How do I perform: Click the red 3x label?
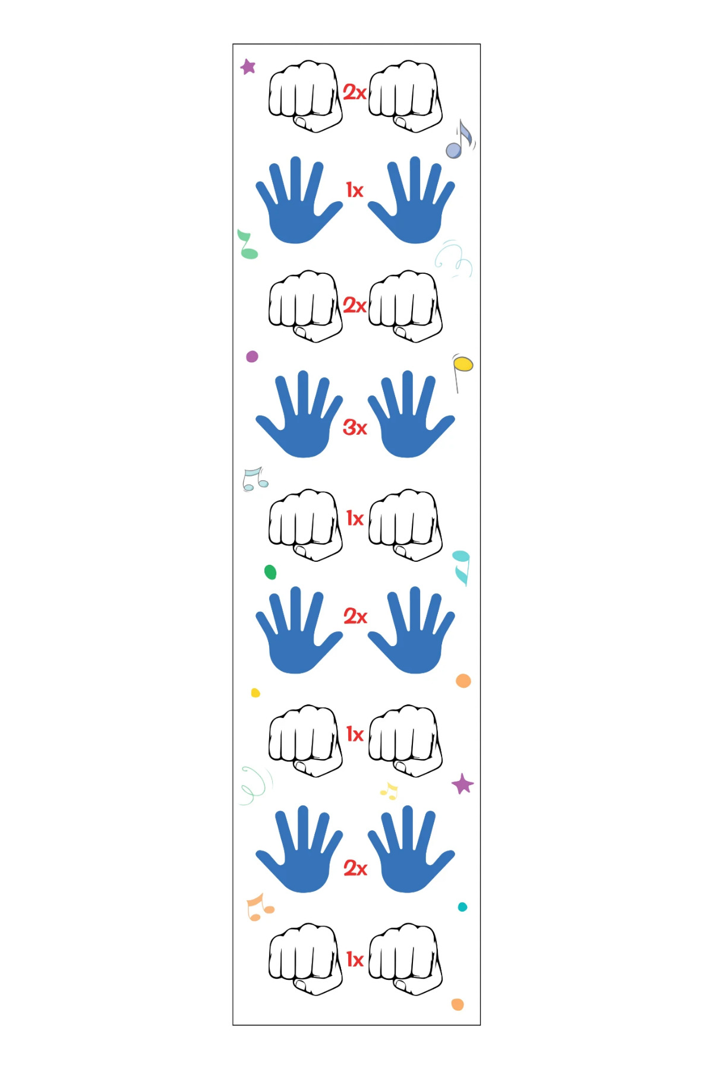(x=355, y=427)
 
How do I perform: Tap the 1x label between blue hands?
(x=355, y=190)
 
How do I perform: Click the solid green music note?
(x=248, y=244)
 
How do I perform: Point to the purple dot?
(x=252, y=356)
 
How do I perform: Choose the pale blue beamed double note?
(x=255, y=479)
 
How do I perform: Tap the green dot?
(x=270, y=572)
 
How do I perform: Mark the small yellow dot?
(x=255, y=692)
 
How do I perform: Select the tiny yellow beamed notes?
(x=389, y=791)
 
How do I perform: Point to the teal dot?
(x=462, y=907)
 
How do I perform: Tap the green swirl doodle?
(x=255, y=785)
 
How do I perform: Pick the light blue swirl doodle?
(x=453, y=259)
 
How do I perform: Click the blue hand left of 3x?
(x=299, y=414)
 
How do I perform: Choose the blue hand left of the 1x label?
(x=299, y=200)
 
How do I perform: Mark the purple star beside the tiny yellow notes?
(x=462, y=784)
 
